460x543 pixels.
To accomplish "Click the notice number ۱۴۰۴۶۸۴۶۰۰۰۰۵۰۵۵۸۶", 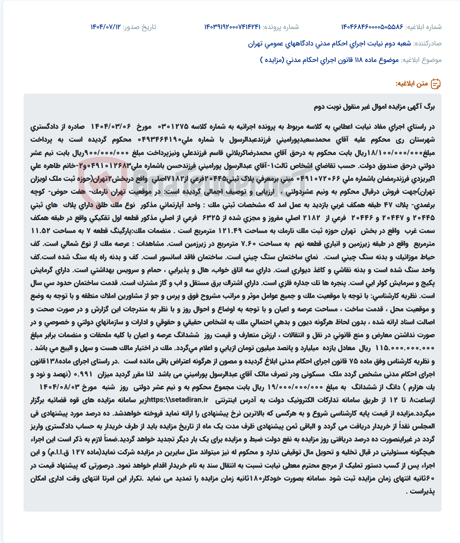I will pyautogui.click(x=372, y=27).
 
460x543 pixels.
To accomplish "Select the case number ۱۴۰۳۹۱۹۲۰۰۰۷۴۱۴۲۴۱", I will pyautogui.click(x=232, y=27).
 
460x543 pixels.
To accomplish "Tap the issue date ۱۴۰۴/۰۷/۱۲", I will pyautogui.click(x=105, y=27).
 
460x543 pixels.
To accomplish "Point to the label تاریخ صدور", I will pyautogui.click(x=139, y=27).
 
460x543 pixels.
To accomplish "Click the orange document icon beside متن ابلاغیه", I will pyautogui.click(x=436, y=83).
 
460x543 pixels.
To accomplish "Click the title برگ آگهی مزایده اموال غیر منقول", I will pyautogui.click(x=374, y=107).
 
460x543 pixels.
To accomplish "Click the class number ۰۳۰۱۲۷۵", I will pyautogui.click(x=173, y=127).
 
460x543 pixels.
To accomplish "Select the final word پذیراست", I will pyautogui.click(x=422, y=491).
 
